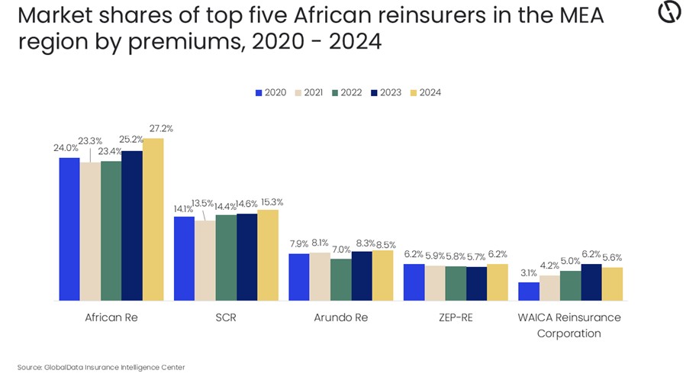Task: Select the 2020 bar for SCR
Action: tap(184, 259)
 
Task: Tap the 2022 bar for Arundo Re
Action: tap(340, 280)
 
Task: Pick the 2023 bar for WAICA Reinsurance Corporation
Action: tap(591, 282)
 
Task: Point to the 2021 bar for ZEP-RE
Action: tap(434, 283)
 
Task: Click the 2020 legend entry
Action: tap(271, 92)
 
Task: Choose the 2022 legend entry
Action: tap(346, 92)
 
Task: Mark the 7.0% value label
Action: tap(341, 250)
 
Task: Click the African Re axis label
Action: tap(111, 317)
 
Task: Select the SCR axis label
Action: tap(226, 317)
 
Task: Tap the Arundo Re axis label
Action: tap(340, 317)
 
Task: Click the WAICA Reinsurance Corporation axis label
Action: tap(569, 325)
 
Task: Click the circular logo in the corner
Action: tap(669, 13)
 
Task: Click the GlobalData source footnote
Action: tap(101, 367)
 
